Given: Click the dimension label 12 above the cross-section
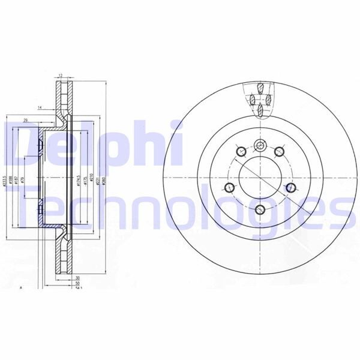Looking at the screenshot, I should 61,76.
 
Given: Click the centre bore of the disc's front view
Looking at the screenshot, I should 260,177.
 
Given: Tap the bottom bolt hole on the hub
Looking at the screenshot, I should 260,209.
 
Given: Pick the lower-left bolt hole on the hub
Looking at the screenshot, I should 229,188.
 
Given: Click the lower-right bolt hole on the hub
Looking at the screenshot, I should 290,188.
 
